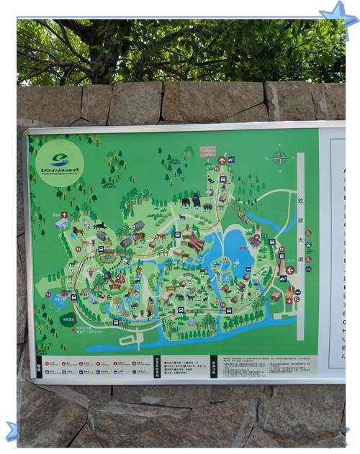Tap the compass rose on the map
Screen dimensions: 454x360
point(280,158)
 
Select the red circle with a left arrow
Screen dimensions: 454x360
point(290,271)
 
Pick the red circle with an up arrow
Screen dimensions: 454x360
point(222,160)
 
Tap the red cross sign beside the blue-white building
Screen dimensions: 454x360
point(63,214)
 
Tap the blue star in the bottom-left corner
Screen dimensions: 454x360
point(11,431)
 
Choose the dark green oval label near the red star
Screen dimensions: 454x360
point(68,321)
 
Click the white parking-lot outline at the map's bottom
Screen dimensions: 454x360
point(130,339)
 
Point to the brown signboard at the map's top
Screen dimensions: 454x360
point(207,151)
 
